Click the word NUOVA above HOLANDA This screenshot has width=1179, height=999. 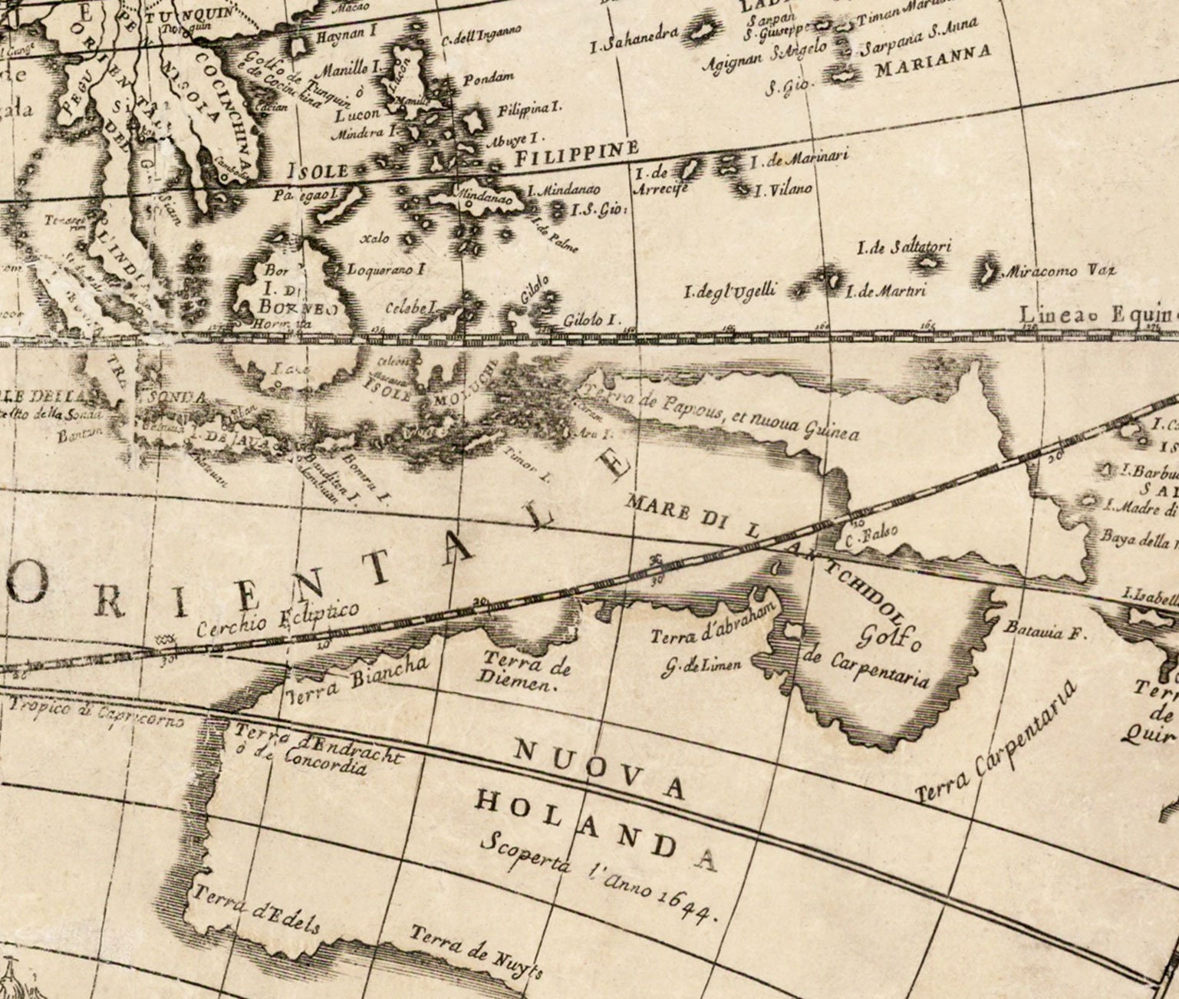[x=598, y=768]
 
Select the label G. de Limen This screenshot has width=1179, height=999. [x=703, y=665]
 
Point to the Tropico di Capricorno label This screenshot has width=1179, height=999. [x=96, y=713]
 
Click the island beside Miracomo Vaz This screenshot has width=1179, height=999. [x=989, y=269]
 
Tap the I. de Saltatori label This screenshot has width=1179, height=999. [x=904, y=247]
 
